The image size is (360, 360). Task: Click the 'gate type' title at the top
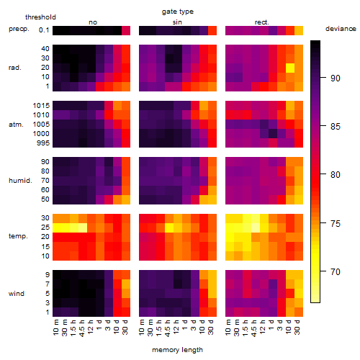[178, 12]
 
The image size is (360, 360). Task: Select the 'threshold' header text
[40, 17]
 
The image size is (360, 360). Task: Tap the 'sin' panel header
[177, 22]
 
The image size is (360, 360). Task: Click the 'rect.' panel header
[261, 22]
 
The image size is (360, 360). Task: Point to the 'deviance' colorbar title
[341, 29]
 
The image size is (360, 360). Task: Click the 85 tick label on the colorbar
[336, 127]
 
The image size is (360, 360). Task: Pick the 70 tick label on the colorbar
[336, 272]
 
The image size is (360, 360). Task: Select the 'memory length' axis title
[178, 350]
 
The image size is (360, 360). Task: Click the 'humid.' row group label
[20, 181]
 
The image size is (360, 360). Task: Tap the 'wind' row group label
[17, 294]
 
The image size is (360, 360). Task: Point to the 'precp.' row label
[19, 29]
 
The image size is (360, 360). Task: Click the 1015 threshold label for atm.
[41, 106]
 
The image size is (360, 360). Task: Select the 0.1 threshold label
[44, 30]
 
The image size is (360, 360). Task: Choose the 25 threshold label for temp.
[45, 228]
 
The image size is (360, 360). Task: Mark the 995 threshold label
[43, 143]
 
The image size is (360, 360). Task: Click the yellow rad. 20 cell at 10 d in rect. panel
[290, 68]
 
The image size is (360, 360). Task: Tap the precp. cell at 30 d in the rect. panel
[299, 30]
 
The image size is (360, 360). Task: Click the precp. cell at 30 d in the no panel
[126, 30]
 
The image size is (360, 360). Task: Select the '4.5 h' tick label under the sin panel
[168, 328]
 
